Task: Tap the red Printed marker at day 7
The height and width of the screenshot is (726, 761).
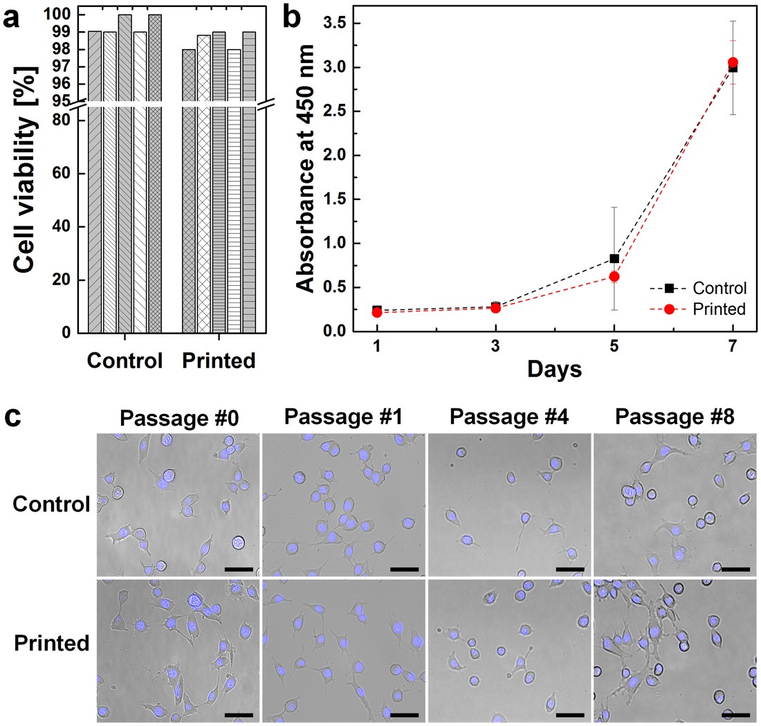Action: tap(733, 63)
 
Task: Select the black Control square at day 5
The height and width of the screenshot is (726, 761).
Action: tap(614, 259)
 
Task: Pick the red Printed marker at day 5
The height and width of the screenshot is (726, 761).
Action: tap(614, 277)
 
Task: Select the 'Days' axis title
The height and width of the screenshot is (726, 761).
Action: tap(554, 370)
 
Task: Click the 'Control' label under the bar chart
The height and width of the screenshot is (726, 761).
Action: tap(125, 361)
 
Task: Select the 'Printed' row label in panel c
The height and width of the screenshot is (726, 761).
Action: tap(52, 643)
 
